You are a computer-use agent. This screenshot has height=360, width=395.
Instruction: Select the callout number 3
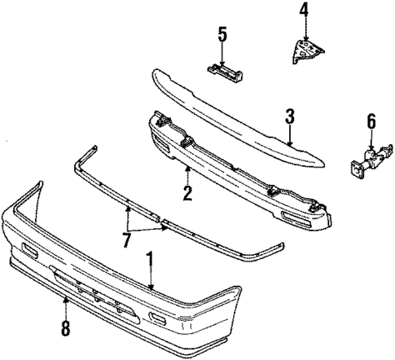pos(289,118)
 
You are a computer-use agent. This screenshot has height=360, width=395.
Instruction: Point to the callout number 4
pos(304,11)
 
